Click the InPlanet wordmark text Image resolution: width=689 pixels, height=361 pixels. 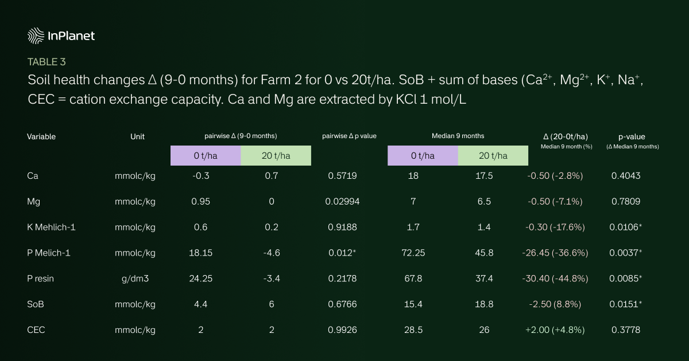pos(71,36)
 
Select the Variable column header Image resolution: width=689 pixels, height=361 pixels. pos(41,136)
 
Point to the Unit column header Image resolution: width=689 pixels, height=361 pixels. pos(137,136)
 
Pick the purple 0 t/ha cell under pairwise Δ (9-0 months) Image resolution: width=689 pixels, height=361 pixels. pos(205,155)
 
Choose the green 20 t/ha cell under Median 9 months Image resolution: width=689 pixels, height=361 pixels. pos(493,155)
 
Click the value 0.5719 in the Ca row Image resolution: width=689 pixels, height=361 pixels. pos(342,176)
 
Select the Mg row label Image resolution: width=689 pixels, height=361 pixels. pos(34,201)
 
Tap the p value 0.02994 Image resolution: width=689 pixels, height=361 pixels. pos(342,201)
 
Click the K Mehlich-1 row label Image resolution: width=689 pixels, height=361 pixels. pos(51,227)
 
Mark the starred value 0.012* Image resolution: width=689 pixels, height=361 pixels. pos(343,253)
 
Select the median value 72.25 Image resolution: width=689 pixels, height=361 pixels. pos(413,253)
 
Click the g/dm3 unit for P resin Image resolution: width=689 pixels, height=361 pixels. pos(135,278)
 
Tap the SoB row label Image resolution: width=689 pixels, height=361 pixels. pos(36,304)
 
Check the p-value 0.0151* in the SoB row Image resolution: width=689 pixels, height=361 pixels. pos(625,304)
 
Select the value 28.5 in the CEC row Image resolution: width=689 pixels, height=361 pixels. pos(413,329)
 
